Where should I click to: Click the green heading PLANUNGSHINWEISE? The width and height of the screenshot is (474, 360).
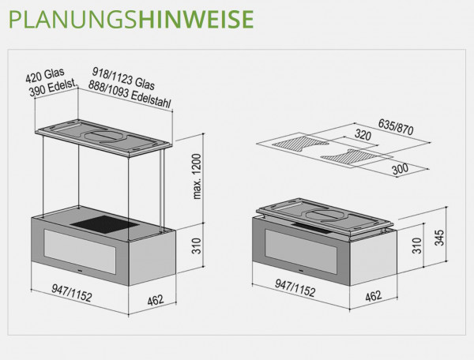click(x=131, y=19)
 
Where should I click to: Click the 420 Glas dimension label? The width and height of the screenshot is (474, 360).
click(x=45, y=75)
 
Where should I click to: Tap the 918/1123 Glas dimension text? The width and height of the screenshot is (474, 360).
click(x=123, y=79)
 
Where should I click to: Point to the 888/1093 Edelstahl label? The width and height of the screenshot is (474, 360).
click(x=130, y=94)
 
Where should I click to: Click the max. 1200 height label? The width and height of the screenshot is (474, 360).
click(x=197, y=176)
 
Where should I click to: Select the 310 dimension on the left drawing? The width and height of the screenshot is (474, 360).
click(x=197, y=246)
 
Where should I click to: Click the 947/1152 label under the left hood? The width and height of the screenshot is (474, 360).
click(x=71, y=293)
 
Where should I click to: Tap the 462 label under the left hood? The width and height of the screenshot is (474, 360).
click(x=156, y=300)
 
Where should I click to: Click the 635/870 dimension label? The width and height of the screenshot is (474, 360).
click(x=396, y=127)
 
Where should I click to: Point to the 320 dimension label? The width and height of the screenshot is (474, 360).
click(x=363, y=135)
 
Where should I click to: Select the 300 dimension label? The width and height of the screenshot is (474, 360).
click(x=401, y=169)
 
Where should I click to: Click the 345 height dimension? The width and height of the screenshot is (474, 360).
click(x=439, y=238)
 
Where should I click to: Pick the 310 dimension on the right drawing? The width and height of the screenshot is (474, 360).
click(x=417, y=246)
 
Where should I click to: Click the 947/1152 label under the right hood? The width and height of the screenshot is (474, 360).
click(x=295, y=288)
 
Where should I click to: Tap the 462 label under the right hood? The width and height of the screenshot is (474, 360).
click(x=374, y=296)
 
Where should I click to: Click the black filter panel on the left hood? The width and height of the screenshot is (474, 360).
click(x=105, y=224)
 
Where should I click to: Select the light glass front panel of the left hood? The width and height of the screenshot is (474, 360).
click(x=80, y=252)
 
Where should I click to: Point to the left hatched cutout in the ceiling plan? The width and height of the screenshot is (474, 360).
click(x=300, y=144)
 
